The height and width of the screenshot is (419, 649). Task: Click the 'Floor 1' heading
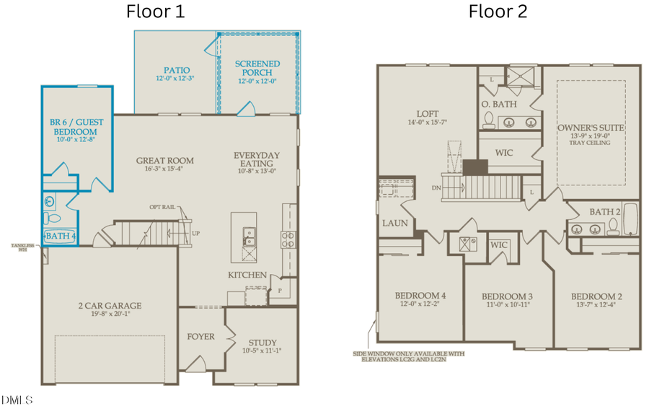(x=155, y=12)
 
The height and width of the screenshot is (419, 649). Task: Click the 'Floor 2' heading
(x=498, y=12)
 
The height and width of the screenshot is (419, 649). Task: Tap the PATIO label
(x=176, y=70)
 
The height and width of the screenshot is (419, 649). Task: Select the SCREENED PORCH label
(x=257, y=69)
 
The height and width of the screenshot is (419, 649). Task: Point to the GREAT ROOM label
(x=165, y=161)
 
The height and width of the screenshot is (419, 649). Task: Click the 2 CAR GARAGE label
(x=110, y=305)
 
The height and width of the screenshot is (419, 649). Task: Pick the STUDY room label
(x=262, y=343)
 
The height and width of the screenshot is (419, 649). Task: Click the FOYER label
(x=201, y=336)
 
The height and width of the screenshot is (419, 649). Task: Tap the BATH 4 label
(x=61, y=236)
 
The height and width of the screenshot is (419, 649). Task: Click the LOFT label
(x=427, y=113)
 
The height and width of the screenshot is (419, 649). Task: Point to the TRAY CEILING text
(x=591, y=143)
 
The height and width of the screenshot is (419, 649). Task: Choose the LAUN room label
(x=395, y=223)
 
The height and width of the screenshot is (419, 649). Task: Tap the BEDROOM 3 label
(x=507, y=296)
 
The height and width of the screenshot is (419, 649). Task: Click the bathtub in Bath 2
(x=632, y=219)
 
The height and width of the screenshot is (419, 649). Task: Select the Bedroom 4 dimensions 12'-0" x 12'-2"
(x=420, y=304)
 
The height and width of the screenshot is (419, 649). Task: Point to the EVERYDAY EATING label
(x=257, y=159)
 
